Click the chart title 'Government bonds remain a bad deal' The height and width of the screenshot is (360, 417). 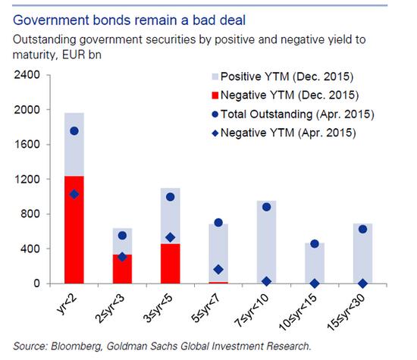coord(129,20)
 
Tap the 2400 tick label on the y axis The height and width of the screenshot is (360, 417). coord(27,75)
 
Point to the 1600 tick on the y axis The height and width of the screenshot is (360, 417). coord(27,144)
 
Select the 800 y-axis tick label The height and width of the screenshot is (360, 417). coord(30,214)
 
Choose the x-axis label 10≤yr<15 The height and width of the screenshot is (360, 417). coord(298,312)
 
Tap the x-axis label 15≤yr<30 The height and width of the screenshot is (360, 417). coord(346,312)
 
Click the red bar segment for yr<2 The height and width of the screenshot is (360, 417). coord(74,230)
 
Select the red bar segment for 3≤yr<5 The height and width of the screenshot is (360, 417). coord(170,264)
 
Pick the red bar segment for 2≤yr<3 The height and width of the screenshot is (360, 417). coord(122,269)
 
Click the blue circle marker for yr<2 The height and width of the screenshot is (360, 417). coord(74,131)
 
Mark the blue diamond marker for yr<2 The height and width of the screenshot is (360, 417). coord(74,195)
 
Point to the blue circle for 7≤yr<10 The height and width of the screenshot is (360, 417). coord(266,207)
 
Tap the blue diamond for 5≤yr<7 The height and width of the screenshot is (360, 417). coord(218,270)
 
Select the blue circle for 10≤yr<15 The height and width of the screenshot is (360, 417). coord(315,244)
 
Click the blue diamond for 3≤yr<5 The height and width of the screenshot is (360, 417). coord(170,237)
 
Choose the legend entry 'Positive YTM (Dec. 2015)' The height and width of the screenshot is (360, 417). coord(283,77)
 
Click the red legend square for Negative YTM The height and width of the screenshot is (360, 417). coord(215,95)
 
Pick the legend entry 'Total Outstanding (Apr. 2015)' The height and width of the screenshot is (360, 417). coord(293,114)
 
